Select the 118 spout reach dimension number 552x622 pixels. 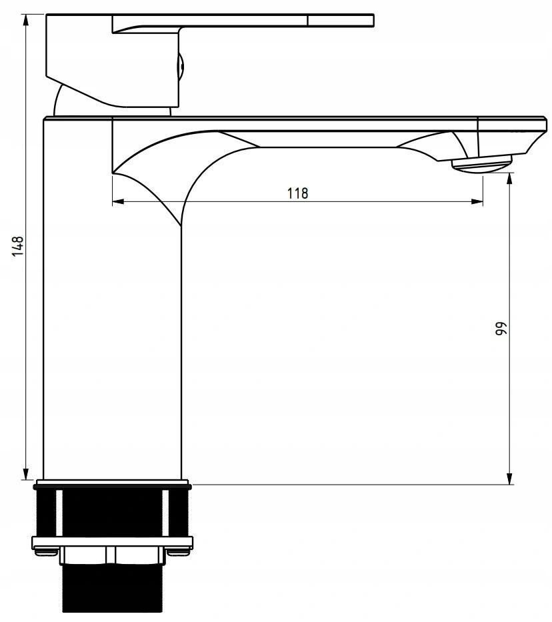[x=297, y=193]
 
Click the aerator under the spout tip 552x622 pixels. [x=481, y=163]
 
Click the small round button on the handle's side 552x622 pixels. [x=181, y=67]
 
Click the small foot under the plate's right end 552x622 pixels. [x=179, y=551]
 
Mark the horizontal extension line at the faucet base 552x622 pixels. [x=347, y=484]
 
